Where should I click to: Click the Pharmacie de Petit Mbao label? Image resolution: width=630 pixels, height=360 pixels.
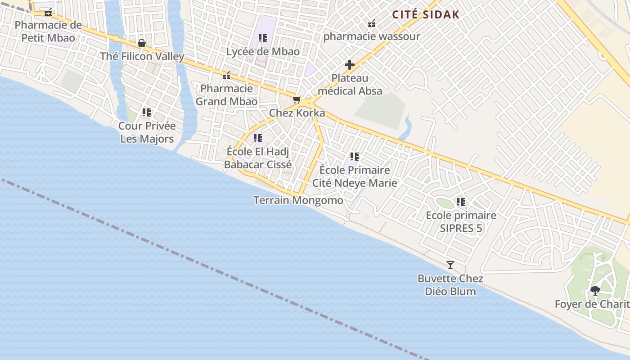coord(48,31)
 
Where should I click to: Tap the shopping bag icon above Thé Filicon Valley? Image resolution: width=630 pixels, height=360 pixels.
coord(142,43)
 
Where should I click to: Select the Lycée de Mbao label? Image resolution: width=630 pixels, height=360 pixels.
coord(263,51)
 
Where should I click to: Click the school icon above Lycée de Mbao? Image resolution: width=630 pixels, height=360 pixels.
coord(263,38)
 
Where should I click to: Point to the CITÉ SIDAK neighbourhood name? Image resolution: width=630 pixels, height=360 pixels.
coord(426,14)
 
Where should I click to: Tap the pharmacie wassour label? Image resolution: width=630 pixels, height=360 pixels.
coord(372,36)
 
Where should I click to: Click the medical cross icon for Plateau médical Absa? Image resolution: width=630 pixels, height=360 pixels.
coord(350,65)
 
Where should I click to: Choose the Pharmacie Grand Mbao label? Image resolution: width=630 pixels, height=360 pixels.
coord(226,95)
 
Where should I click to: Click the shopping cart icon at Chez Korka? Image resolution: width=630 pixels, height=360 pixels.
coord(297,99)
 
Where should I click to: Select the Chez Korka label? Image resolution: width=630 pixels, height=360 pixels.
coord(297,113)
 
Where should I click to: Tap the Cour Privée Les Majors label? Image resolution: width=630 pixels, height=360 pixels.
coord(147,132)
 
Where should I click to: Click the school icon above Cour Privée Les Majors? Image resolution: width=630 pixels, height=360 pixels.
coord(147,112)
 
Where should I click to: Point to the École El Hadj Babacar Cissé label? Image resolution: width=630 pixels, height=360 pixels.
coord(258,158)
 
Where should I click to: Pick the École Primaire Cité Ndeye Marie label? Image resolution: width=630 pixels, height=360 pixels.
coord(355,176)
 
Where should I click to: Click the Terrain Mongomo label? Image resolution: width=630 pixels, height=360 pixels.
coord(298,200)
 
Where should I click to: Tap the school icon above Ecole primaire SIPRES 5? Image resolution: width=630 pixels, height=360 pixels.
coord(461,202)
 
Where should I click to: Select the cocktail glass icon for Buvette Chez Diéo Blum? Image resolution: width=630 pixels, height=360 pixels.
coord(450,265)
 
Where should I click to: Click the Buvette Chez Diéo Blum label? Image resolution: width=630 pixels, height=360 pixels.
coord(450,285)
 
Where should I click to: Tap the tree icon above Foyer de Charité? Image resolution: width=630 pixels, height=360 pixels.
coord(595,290)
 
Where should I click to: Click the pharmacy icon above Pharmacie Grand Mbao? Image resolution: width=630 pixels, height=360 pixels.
coord(226,75)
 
